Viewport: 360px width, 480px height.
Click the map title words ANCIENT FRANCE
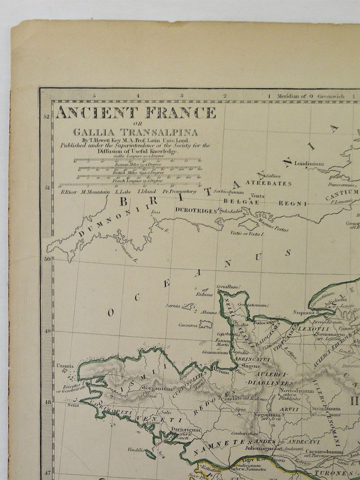click(x=136, y=113)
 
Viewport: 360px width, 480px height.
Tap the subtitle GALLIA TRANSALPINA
click(x=135, y=132)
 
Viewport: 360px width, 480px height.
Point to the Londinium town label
click(x=309, y=164)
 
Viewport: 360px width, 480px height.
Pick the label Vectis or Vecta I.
click(x=248, y=234)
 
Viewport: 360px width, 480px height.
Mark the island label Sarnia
click(x=173, y=305)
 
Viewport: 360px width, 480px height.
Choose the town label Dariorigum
click(x=186, y=429)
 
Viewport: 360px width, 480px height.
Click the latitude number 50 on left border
click(x=47, y=259)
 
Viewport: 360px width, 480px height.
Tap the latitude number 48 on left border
click(x=47, y=402)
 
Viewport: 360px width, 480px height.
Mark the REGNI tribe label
click(x=297, y=203)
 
